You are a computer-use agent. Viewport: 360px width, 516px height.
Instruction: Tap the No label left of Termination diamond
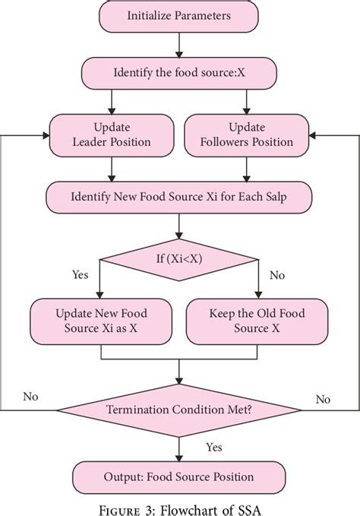point(31,397)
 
